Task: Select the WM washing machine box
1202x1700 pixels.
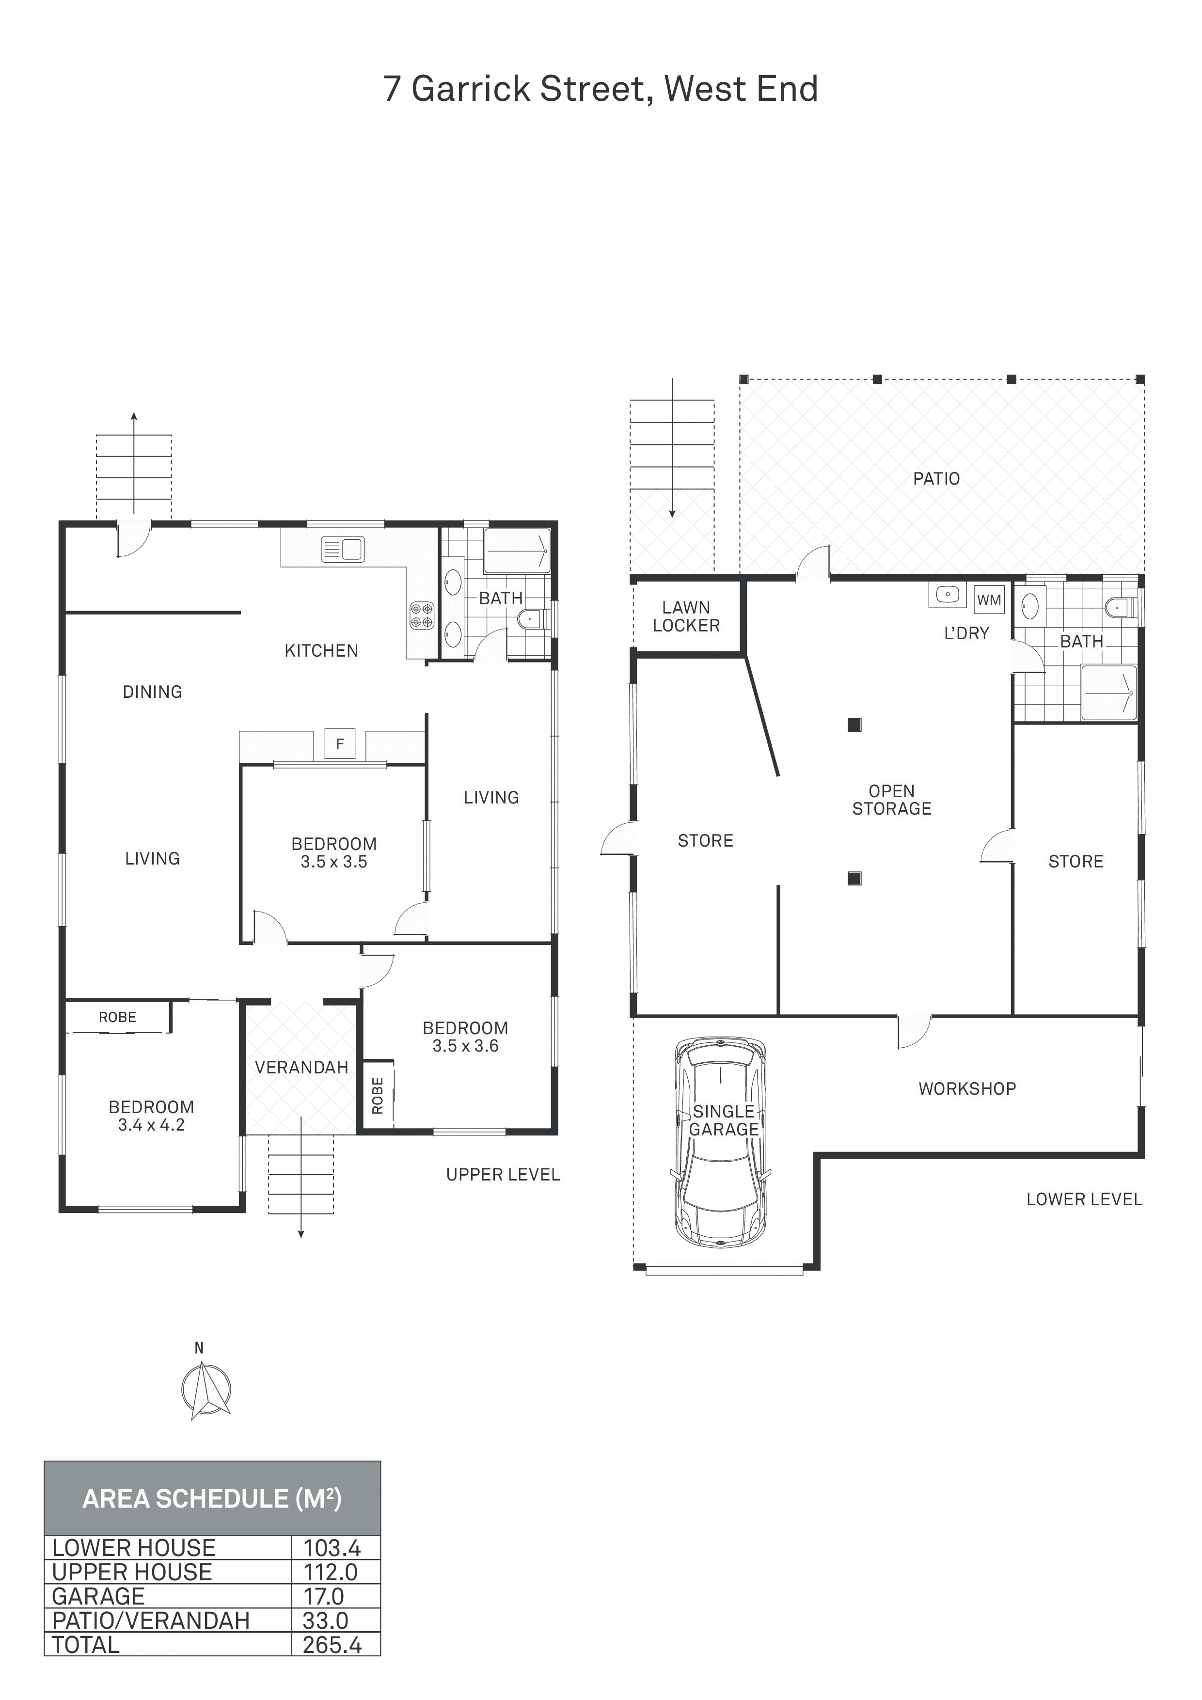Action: coord(989,600)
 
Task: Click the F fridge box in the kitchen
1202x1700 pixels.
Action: coord(341,743)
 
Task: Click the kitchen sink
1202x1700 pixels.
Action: coord(342,550)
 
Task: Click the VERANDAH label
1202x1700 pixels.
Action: coord(301,1067)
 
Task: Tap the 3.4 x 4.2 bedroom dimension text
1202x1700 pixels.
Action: coord(151,1125)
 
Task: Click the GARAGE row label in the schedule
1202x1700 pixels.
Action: coord(98,1596)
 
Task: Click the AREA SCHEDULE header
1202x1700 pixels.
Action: coord(212,1498)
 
